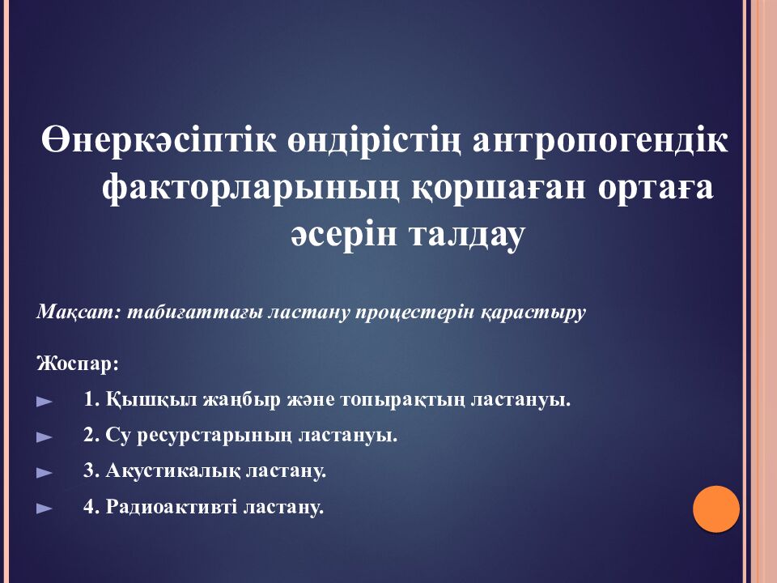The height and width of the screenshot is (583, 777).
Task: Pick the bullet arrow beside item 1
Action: click(x=45, y=401)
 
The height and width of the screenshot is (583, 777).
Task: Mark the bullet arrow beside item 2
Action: click(x=45, y=437)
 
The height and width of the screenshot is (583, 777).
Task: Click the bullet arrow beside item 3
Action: click(x=45, y=472)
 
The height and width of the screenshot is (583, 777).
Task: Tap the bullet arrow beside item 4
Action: click(x=45, y=509)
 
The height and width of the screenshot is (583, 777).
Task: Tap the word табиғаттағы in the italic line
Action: click(x=175, y=313)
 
